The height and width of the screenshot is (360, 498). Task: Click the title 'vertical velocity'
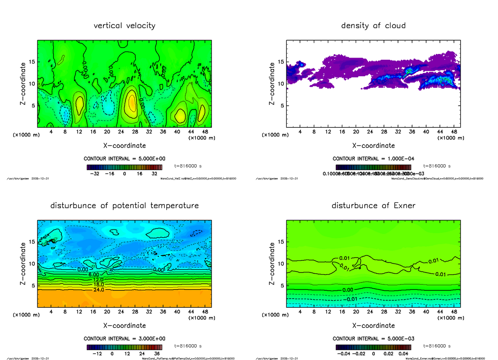pyautogui.click(x=124, y=26)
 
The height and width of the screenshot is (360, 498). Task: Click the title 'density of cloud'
pyautogui.click(x=373, y=26)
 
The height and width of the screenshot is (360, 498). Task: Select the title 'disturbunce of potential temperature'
pyautogui.click(x=124, y=206)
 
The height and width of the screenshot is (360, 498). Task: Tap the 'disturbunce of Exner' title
pyautogui.click(x=373, y=206)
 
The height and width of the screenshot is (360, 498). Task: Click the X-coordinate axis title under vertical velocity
pyautogui.click(x=124, y=146)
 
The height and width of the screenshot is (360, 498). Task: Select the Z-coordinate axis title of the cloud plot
pyautogui.click(x=272, y=84)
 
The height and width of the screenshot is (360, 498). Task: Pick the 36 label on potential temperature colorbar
pyautogui.click(x=157, y=354)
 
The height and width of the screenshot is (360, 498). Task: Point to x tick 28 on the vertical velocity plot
pyautogui.click(x=135, y=132)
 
